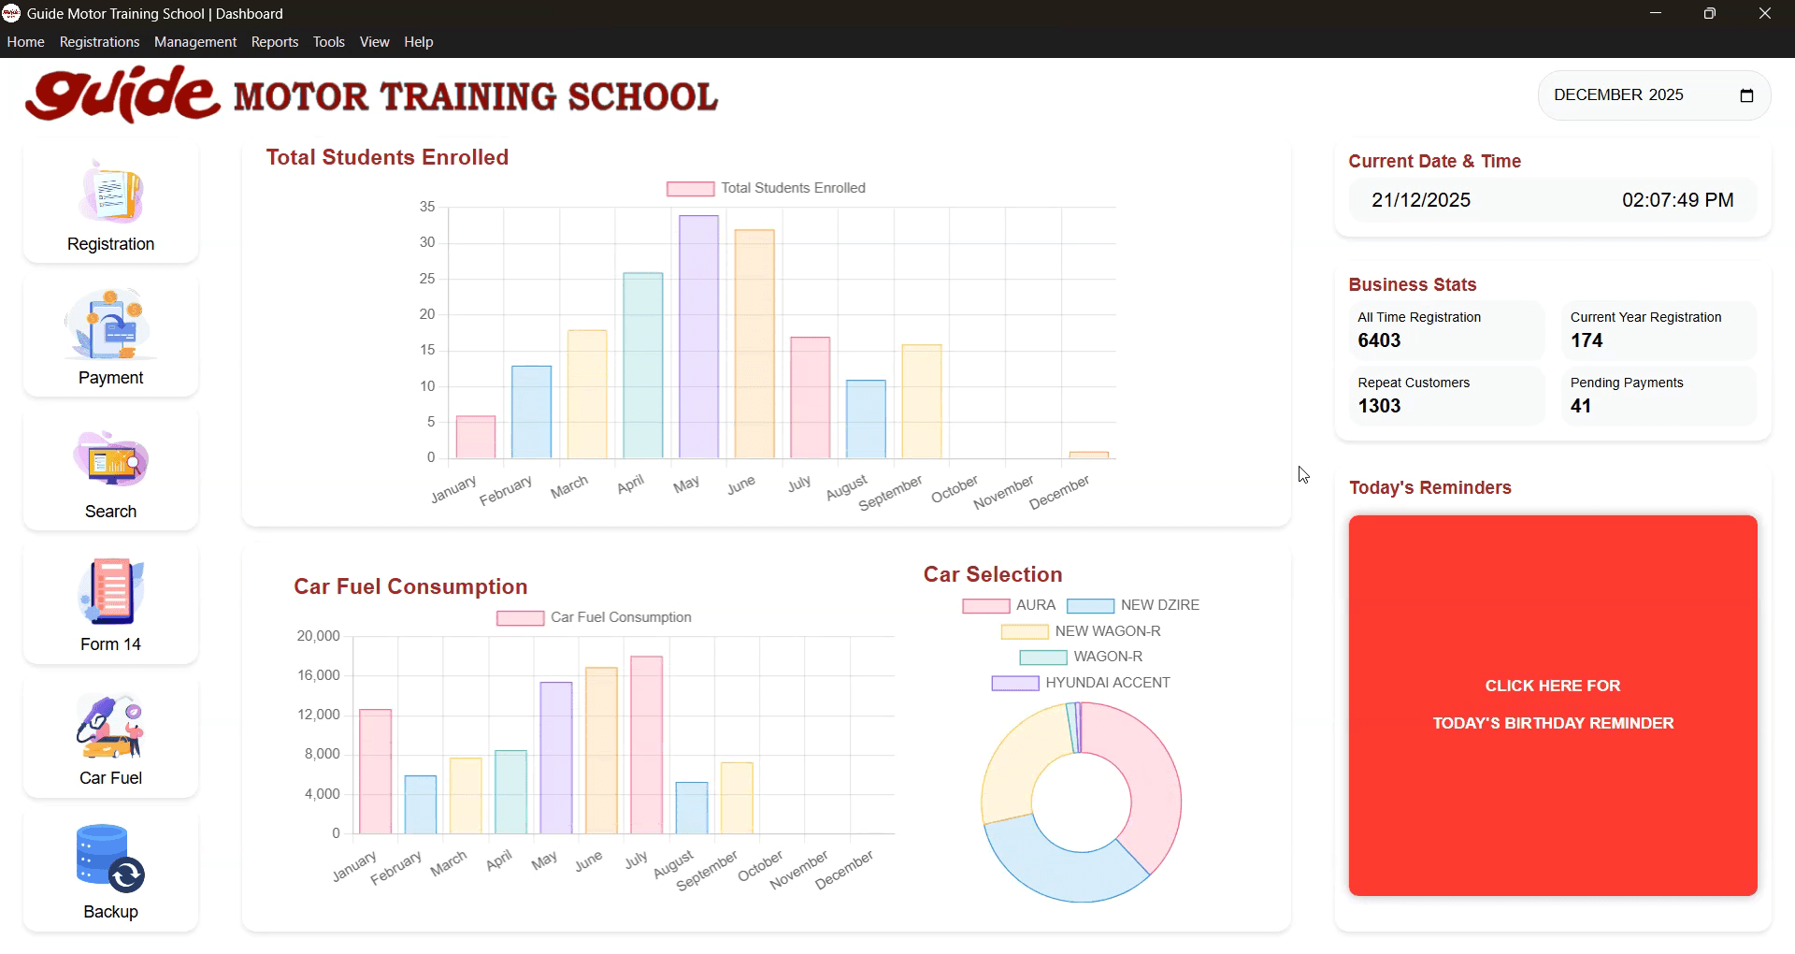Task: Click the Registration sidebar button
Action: tap(110, 204)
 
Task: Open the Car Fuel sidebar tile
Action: tap(110, 739)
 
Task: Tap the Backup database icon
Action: tap(110, 858)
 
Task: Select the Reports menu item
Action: tap(274, 42)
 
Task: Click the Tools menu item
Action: tap(328, 42)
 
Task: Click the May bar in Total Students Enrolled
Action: tap(698, 337)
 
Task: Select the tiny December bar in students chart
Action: tap(1088, 455)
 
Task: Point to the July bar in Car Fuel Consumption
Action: tap(646, 744)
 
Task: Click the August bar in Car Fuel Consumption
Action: tap(691, 808)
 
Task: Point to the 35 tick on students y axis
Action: tap(427, 207)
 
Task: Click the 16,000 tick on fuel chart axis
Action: tap(318, 675)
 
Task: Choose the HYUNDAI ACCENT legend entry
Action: tap(1081, 683)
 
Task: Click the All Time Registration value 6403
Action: tap(1379, 340)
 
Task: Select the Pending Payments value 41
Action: tap(1580, 406)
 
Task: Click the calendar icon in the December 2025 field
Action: tap(1745, 95)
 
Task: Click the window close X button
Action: tap(1764, 14)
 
